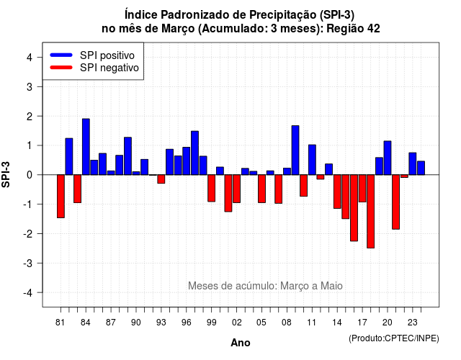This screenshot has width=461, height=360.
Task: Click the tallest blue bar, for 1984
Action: coord(86,147)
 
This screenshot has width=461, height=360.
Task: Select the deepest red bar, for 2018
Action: coord(370,211)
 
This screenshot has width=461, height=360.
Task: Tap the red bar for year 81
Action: coord(61,197)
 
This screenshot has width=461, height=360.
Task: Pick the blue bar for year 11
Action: coord(312,160)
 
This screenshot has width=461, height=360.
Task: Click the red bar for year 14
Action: coord(337,192)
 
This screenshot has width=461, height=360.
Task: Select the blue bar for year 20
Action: coord(388,158)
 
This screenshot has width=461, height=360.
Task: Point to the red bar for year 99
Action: coord(211,188)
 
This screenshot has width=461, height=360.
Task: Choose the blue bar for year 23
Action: coord(413,163)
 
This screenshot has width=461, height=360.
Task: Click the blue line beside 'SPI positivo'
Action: coord(61,55)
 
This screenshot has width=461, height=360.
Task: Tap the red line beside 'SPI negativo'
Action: coord(61,67)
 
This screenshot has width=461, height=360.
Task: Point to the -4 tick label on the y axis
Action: coord(29,293)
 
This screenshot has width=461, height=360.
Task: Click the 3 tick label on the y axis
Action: coord(30,86)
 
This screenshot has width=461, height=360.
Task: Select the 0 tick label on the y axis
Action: coord(30,175)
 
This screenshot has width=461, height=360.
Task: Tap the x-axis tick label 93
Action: coord(161,323)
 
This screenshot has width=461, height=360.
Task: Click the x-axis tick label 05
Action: coord(261,323)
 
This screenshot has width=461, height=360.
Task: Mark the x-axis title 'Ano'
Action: coord(241,343)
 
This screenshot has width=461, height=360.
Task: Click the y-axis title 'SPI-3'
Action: coord(6,174)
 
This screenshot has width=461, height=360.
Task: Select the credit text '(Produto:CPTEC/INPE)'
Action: coord(394,338)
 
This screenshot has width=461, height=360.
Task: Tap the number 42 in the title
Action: coord(373,29)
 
